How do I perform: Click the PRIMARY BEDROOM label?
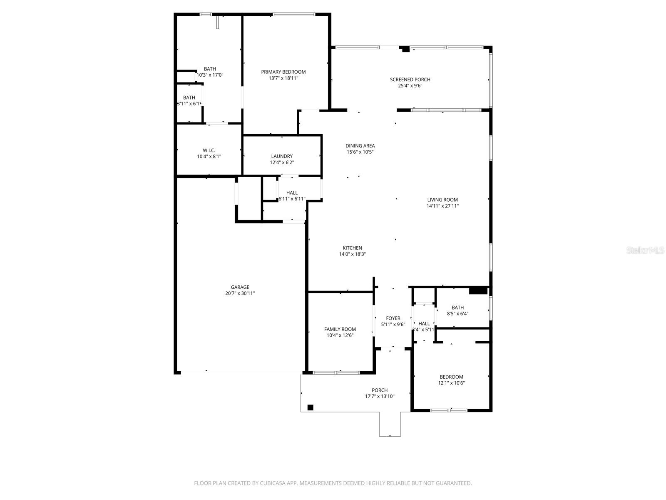click(283, 72)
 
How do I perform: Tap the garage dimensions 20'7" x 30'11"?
click(240, 293)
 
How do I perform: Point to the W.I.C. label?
click(209, 150)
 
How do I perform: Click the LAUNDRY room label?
click(282, 156)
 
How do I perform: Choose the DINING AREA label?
click(360, 146)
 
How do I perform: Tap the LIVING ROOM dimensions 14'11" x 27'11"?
click(442, 206)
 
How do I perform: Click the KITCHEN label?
click(352, 248)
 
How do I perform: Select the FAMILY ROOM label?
click(340, 329)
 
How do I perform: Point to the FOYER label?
click(393, 318)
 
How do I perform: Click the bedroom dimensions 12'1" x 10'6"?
click(451, 383)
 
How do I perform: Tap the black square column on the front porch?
click(310, 407)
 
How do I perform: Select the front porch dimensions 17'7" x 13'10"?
click(380, 396)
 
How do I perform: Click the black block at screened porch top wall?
click(405, 49)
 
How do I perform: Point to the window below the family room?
click(336, 372)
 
